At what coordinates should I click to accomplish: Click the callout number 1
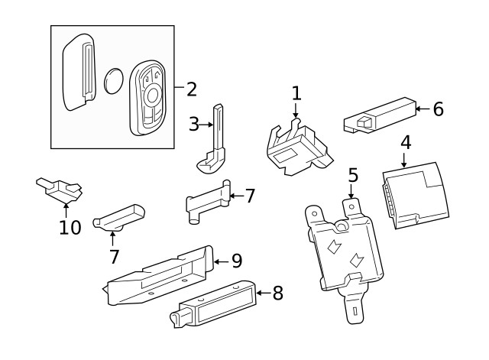click(x=296, y=94)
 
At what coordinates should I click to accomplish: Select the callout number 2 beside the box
click(x=191, y=89)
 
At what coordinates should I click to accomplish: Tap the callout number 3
click(x=194, y=122)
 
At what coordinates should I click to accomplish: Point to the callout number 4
click(x=405, y=141)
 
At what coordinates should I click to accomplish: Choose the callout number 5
click(x=352, y=175)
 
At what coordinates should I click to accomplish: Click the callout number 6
click(x=438, y=109)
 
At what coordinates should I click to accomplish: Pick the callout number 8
click(x=277, y=292)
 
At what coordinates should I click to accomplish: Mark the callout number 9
click(x=236, y=261)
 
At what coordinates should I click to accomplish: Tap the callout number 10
click(x=70, y=227)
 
